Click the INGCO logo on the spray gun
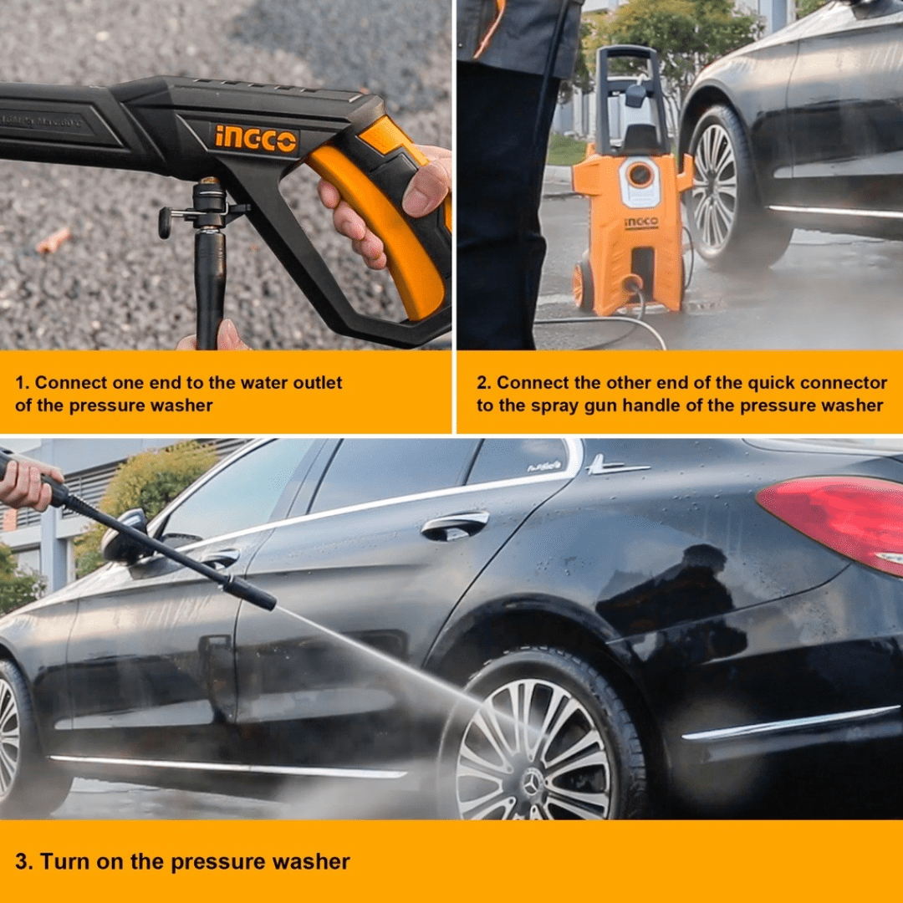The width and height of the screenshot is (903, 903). point(256,139)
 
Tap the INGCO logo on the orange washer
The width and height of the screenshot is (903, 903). point(641,222)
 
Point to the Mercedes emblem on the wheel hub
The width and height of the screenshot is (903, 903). point(532,783)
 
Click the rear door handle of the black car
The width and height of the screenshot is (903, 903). point(454,525)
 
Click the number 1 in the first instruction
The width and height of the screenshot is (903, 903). point(21,382)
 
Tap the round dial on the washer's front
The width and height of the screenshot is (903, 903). point(640,174)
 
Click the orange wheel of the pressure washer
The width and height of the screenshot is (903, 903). point(582,286)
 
